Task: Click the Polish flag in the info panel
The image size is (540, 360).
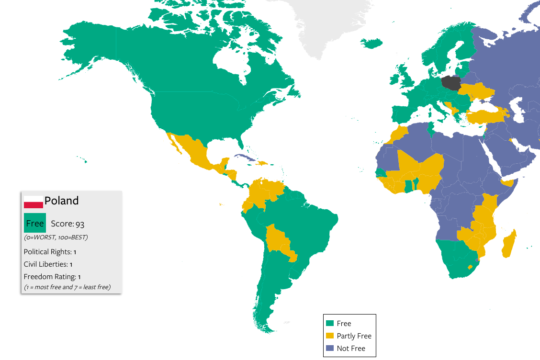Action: pyautogui.click(x=34, y=202)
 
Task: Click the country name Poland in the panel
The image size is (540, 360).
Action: pyautogui.click(x=62, y=201)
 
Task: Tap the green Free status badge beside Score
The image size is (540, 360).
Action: pyautogui.click(x=35, y=223)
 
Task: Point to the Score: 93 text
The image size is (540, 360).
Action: pyautogui.click(x=67, y=224)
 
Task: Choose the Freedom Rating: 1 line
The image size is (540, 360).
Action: pyautogui.click(x=52, y=276)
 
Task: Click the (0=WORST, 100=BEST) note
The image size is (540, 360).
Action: pyautogui.click(x=56, y=237)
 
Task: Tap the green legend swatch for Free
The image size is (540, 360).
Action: pyautogui.click(x=329, y=324)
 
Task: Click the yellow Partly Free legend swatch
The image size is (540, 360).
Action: pyautogui.click(x=329, y=336)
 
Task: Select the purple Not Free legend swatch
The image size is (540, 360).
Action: pyautogui.click(x=329, y=349)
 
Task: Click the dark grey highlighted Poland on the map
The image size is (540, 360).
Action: pyautogui.click(x=450, y=83)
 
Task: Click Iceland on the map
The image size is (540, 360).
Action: pyautogui.click(x=371, y=43)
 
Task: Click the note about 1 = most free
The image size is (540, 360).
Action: pyautogui.click(x=67, y=287)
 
